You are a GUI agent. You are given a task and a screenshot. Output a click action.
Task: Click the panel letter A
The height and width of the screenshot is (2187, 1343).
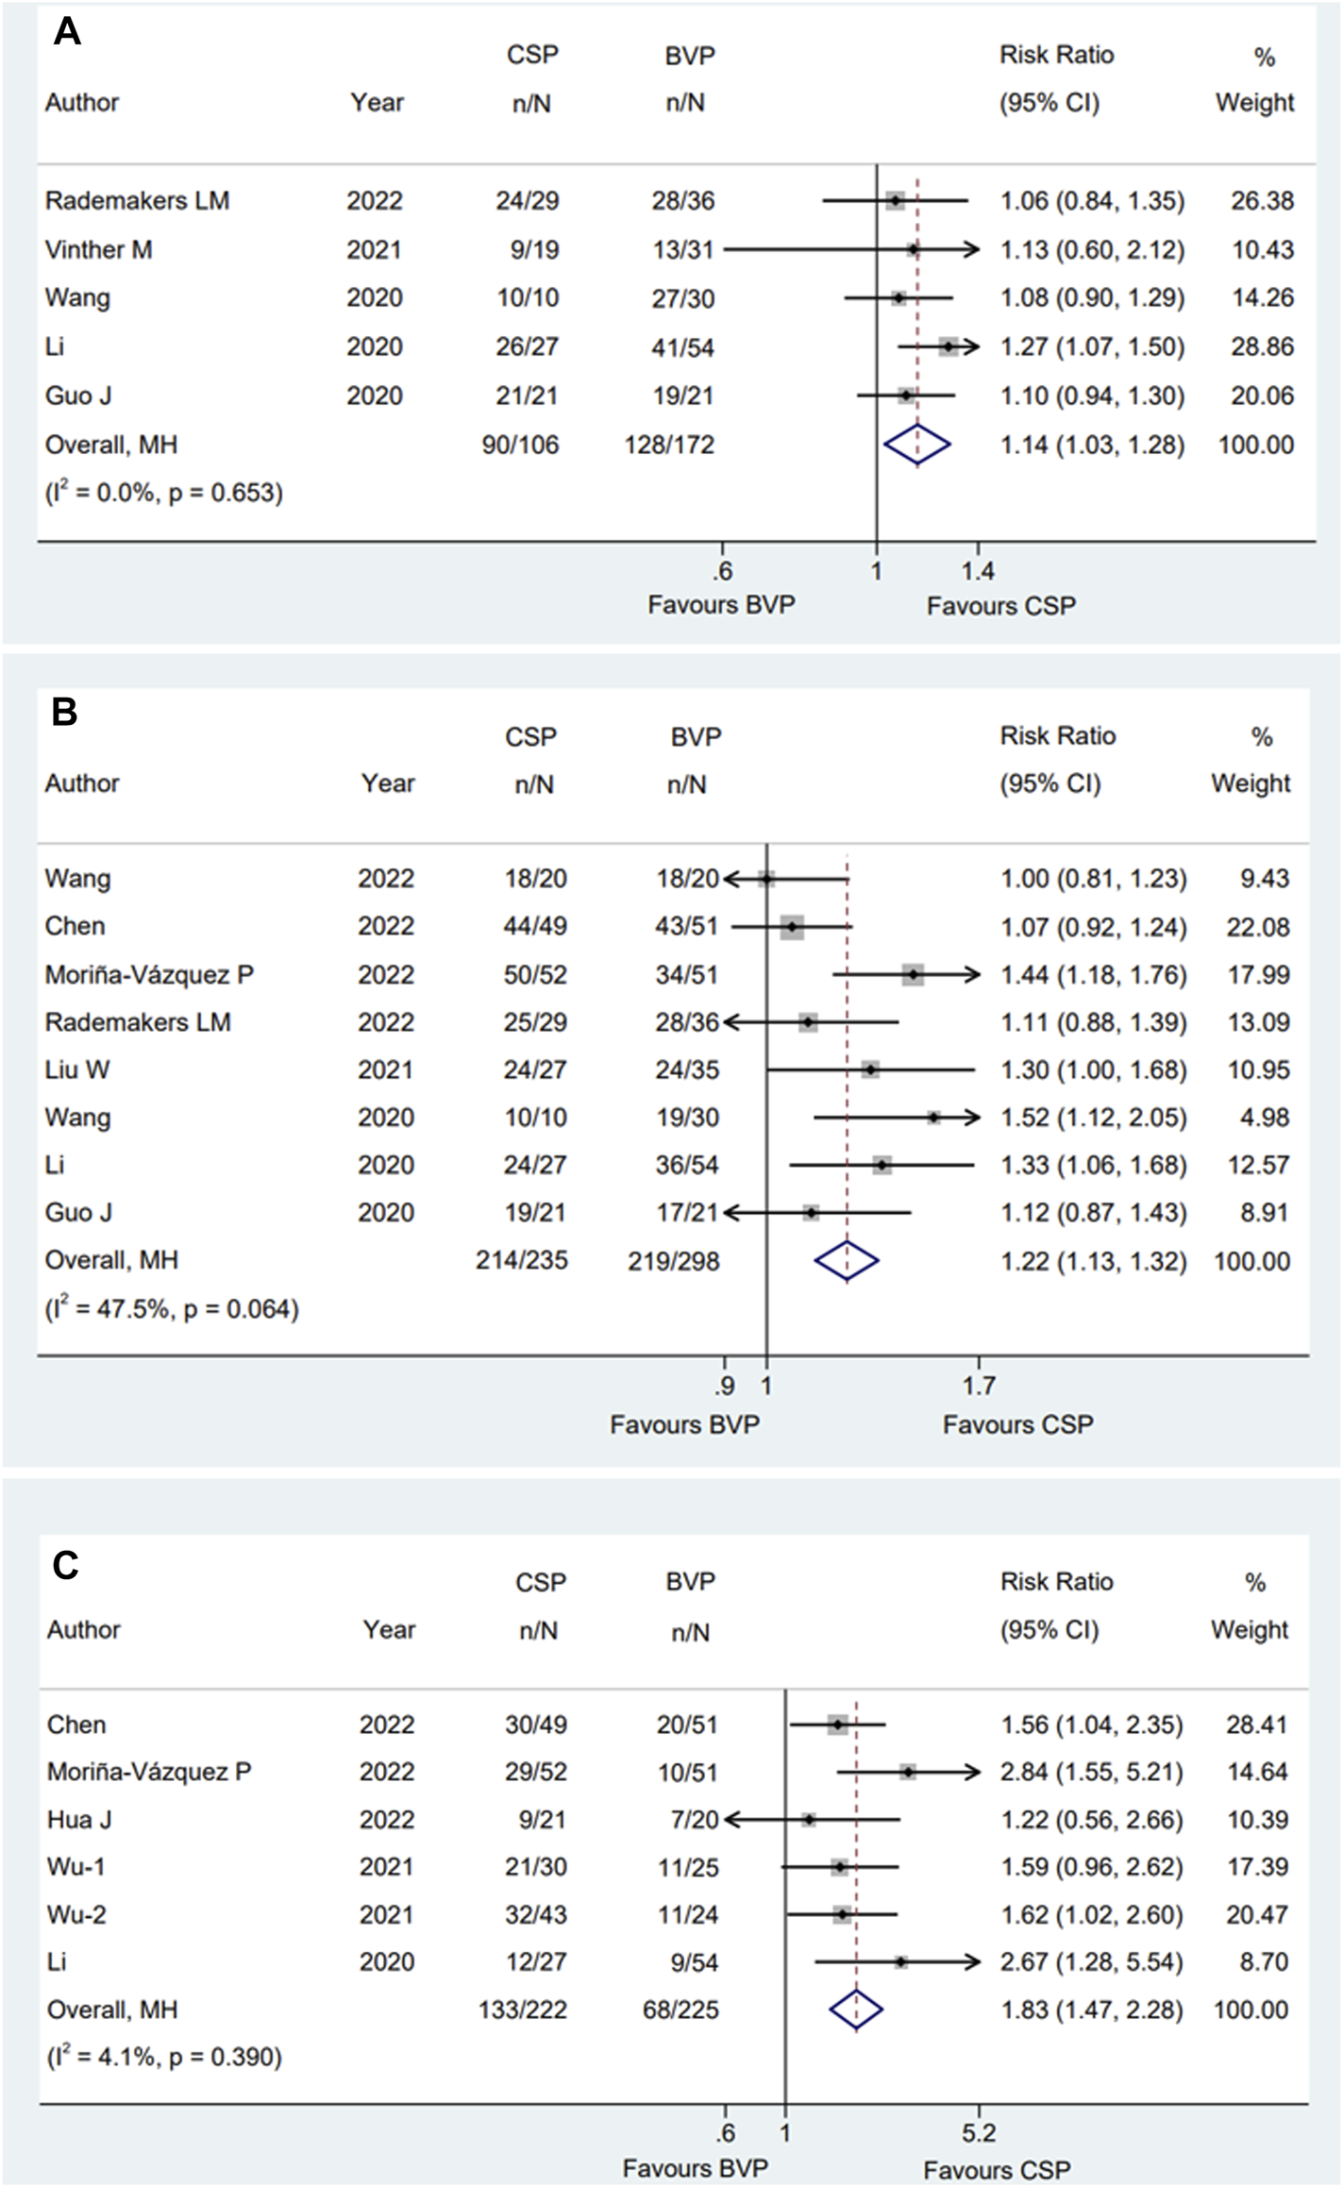[x=67, y=32]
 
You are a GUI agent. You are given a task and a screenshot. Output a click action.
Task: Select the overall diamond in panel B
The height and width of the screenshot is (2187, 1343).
[x=847, y=1260]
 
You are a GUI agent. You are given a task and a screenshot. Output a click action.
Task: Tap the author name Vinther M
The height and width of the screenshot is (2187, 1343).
[x=98, y=249]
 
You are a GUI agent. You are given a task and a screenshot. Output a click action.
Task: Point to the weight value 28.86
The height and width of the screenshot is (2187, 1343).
[x=1262, y=346]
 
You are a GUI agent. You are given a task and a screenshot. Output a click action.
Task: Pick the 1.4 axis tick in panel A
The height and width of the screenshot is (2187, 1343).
[x=978, y=570]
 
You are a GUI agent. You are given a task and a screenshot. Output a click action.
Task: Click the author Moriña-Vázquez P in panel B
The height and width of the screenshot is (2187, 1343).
[x=149, y=974]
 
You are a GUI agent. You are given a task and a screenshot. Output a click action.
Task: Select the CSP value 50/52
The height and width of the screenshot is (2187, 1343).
[x=535, y=974]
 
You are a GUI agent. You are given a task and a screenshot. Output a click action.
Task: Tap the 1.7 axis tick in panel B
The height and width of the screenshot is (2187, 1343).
[x=979, y=1385]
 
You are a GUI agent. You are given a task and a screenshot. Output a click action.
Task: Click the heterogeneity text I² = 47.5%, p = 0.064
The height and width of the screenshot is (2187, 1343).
[x=172, y=1309]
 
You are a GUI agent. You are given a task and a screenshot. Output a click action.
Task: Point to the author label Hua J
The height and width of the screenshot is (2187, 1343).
[x=79, y=1819]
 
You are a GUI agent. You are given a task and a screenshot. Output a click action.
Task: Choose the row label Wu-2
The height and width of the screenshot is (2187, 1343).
[x=76, y=1914]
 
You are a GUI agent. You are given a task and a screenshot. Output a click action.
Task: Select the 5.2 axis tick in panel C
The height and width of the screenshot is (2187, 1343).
[x=979, y=2132]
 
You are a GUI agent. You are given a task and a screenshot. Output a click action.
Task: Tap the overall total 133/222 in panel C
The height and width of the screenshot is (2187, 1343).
[x=523, y=2010]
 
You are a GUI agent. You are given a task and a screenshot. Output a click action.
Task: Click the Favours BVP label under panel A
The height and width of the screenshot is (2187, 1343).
[x=721, y=604]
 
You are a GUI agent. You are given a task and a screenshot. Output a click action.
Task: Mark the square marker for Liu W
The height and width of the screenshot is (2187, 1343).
[x=870, y=1069]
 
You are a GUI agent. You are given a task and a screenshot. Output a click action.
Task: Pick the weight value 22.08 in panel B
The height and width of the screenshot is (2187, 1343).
[x=1258, y=926]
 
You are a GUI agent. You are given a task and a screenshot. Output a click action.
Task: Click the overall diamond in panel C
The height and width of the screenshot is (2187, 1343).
[x=856, y=2010]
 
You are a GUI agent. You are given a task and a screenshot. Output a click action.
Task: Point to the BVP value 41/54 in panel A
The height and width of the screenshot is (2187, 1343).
[x=682, y=346]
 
